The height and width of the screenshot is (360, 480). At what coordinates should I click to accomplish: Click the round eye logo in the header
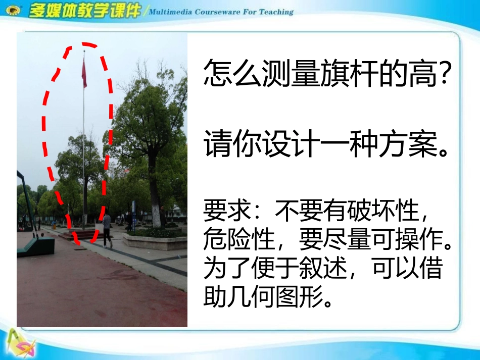12,11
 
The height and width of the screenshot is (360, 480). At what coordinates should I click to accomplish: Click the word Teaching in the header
276,11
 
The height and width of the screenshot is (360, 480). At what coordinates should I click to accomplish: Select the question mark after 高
444,75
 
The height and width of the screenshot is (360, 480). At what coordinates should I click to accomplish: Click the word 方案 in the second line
409,145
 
